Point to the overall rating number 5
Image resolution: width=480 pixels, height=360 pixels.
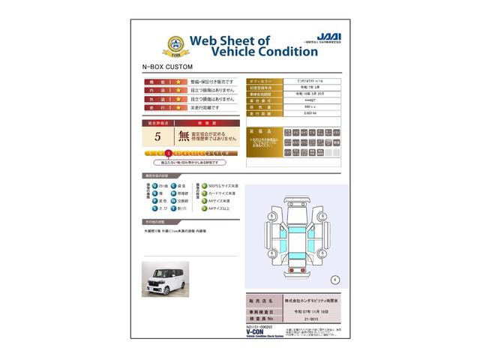point(157,136)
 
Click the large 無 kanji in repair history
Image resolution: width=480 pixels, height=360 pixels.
point(184,136)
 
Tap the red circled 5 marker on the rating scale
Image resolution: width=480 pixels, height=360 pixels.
point(168,153)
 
